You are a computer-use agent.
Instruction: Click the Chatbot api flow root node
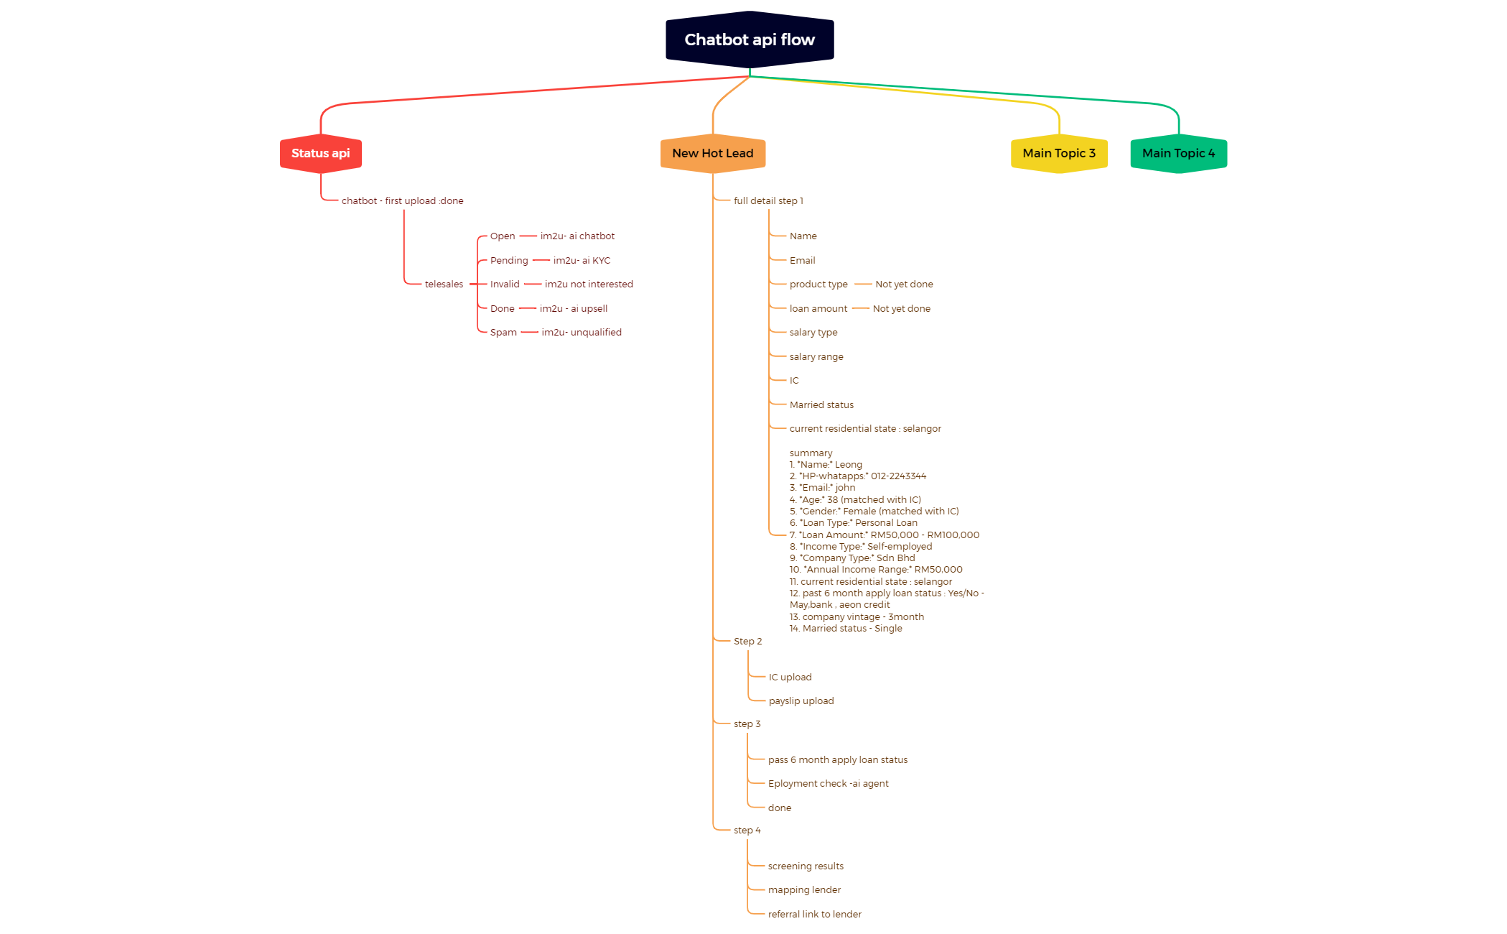pos(750,40)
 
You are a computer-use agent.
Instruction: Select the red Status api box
pos(320,153)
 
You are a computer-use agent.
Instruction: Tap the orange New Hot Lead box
pos(712,153)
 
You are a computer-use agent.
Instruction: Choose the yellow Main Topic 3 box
pos(1058,153)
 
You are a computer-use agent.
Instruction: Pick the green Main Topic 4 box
pos(1178,153)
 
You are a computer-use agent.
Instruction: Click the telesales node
pos(444,285)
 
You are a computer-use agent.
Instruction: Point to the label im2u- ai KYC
pos(582,261)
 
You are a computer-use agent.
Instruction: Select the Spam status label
pos(503,333)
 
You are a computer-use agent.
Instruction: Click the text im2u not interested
pos(589,285)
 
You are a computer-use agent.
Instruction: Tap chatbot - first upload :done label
pos(402,201)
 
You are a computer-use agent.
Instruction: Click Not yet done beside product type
pos(904,285)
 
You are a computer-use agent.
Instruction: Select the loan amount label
pos(818,309)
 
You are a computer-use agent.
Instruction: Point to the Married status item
pos(821,405)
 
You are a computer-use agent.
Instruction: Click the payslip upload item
pos(801,701)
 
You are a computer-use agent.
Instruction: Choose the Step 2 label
pos(747,642)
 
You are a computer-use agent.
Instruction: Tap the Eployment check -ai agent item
pos(828,784)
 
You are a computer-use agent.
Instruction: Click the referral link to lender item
pos(814,915)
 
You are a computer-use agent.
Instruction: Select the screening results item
pos(806,866)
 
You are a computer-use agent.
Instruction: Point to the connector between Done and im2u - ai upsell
pos(528,308)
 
